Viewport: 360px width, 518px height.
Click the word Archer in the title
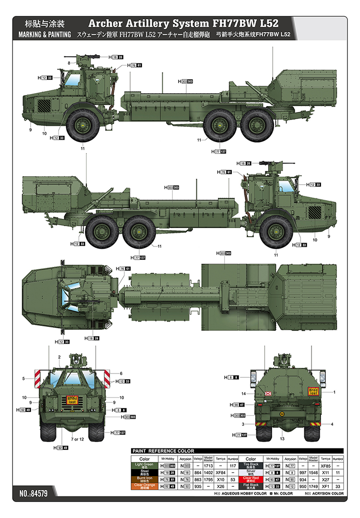pyautogui.click(x=107, y=23)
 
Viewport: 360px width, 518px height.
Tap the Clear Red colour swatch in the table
pyautogui.click(x=251, y=479)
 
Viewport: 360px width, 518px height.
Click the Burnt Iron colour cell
pyautogui.click(x=144, y=479)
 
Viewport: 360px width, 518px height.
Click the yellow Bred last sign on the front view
pyautogui.click(x=72, y=399)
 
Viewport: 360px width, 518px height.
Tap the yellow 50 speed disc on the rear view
pyautogui.click(x=282, y=414)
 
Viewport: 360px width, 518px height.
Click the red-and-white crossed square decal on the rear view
pyautogui.click(x=269, y=394)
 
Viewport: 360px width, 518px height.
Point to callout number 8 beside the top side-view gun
pyautogui.click(x=69, y=63)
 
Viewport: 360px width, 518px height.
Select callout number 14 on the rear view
pyautogui.click(x=243, y=394)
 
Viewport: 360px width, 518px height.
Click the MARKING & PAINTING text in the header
pyautogui.click(x=44, y=35)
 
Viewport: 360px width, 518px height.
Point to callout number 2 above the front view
pyautogui.click(x=59, y=357)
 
